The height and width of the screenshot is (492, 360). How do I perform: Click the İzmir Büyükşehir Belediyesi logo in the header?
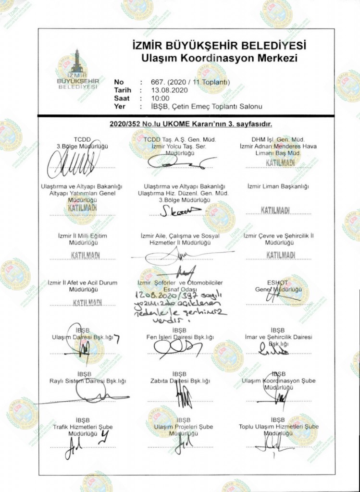[x=77, y=75]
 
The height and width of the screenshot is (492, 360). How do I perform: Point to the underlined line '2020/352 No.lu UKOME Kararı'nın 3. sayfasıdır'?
[x=191, y=124]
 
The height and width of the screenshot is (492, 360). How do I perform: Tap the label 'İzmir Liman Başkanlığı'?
[x=278, y=186]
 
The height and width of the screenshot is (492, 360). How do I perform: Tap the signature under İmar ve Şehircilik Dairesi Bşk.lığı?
[x=274, y=351]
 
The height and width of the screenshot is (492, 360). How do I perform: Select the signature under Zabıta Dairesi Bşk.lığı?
[x=183, y=396]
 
